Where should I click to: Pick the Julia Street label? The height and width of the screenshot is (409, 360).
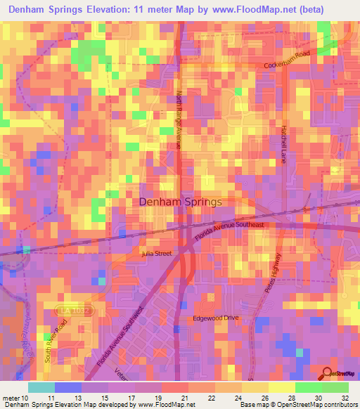(157, 253)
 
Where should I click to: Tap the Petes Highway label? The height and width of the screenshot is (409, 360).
(274, 273)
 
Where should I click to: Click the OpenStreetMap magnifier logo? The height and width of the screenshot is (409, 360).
(327, 372)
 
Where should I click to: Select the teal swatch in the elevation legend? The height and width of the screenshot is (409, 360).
(41, 387)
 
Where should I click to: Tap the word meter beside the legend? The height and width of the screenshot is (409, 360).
(13, 398)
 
